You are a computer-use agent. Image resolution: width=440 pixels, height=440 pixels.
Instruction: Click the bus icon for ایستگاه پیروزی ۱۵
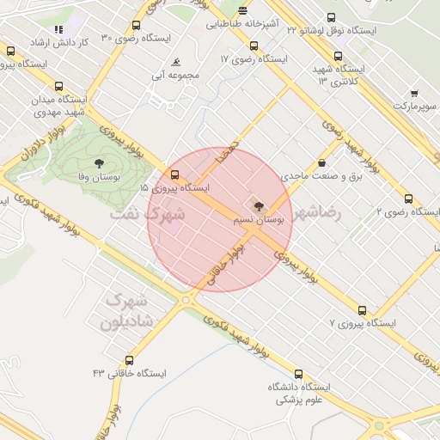click(x=175, y=174)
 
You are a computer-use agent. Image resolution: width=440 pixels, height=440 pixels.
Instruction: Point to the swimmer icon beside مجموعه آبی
click(x=175, y=63)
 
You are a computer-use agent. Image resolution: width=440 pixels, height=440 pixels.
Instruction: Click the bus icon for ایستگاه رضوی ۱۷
click(x=253, y=46)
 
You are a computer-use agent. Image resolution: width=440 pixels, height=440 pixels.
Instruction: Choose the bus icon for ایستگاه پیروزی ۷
click(x=362, y=310)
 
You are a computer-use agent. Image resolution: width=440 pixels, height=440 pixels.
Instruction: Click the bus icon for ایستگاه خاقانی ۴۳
click(x=130, y=361)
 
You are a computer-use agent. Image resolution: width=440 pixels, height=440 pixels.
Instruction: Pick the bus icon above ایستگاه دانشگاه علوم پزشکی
click(x=298, y=374)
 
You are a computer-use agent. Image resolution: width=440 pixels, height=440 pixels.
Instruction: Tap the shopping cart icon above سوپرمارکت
click(x=414, y=93)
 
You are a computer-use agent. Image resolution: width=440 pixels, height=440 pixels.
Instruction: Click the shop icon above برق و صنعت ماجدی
click(x=321, y=162)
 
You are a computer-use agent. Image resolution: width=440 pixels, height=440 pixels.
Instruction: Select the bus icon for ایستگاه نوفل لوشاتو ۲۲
click(x=332, y=17)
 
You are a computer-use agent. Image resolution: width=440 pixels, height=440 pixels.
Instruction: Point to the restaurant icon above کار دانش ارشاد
click(x=58, y=29)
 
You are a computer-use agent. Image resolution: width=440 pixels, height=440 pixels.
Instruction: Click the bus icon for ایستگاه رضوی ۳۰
click(x=137, y=26)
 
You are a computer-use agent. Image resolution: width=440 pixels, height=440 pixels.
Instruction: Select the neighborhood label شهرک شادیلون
click(x=125, y=312)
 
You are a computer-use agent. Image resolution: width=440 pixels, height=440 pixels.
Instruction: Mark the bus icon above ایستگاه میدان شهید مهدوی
click(x=58, y=86)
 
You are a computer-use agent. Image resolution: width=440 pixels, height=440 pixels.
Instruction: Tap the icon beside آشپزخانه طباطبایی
click(x=242, y=11)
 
